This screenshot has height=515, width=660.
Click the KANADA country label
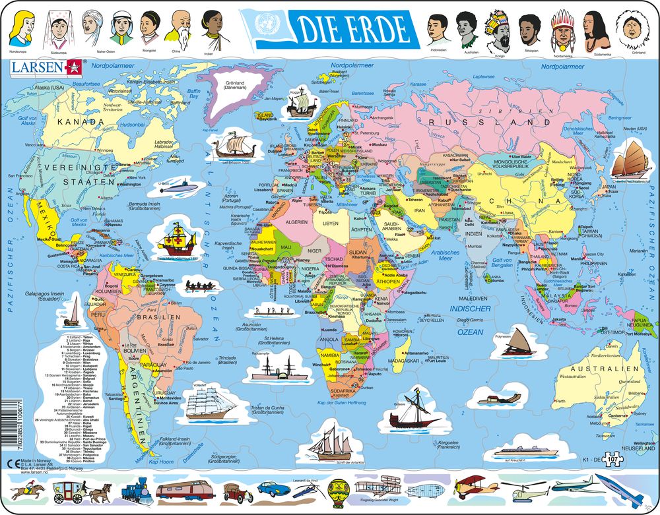click(x=81, y=123)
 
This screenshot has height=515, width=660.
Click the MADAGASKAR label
click(x=403, y=361)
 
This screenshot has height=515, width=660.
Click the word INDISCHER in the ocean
click(x=471, y=309)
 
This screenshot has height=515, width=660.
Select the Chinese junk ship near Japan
click(x=629, y=160)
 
